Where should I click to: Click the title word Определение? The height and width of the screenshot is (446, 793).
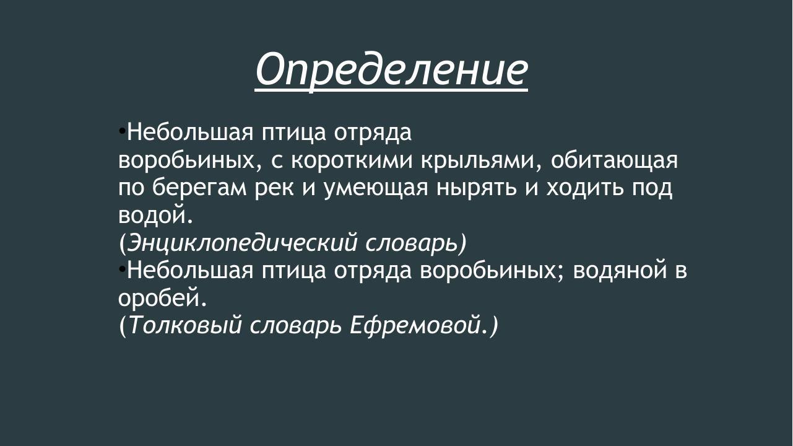[x=391, y=69]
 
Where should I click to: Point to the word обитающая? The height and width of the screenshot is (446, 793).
[x=614, y=160]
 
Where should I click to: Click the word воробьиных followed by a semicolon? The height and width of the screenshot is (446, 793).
[x=492, y=271]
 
